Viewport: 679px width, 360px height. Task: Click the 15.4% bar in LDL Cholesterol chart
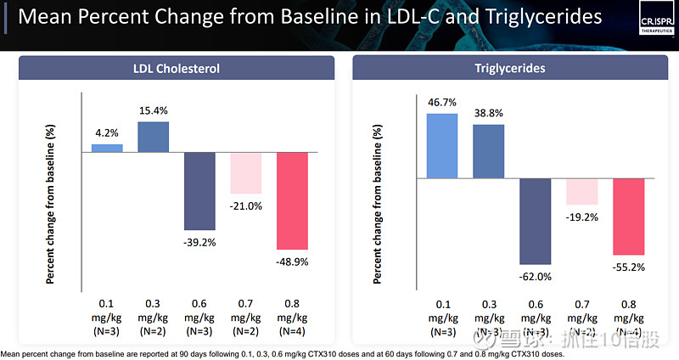(153, 137)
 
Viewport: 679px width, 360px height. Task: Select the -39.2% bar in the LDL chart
(199, 191)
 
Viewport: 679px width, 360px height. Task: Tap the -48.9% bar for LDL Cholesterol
(293, 200)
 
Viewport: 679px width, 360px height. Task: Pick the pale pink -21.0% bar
(246, 173)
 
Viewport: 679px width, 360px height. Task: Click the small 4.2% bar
(107, 148)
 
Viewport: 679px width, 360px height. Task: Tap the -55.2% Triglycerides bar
(629, 217)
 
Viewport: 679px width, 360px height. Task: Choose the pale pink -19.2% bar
(582, 191)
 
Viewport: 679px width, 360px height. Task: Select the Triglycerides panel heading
(510, 69)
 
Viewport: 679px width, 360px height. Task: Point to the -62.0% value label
(536, 276)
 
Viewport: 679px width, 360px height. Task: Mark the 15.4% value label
(154, 111)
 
